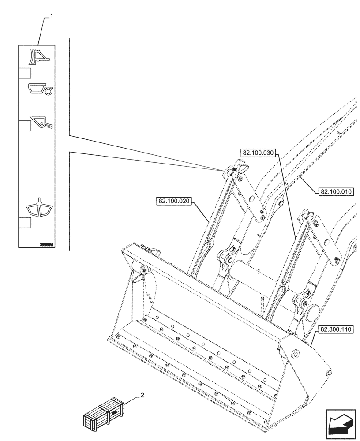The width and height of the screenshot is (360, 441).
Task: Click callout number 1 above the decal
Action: coord(52,16)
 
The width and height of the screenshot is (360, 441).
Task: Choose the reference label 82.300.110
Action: coord(334,329)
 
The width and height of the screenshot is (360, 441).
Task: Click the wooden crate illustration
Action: coord(102,413)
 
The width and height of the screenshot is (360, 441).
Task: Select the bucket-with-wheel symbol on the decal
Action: coord(40,90)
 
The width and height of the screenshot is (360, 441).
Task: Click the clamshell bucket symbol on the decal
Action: coord(40,208)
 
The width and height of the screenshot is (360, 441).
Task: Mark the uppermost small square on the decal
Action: coord(24,74)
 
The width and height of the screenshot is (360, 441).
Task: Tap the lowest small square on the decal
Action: coord(24,222)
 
